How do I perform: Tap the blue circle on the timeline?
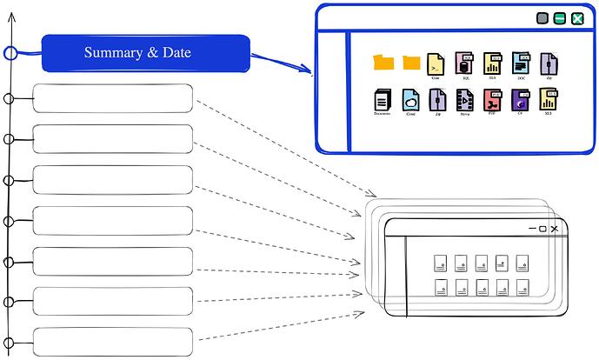click(10, 54)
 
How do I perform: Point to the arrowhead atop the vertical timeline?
click(10, 17)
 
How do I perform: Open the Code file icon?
click(436, 63)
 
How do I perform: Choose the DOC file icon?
click(521, 63)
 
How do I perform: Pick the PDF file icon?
click(492, 99)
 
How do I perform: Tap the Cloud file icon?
click(410, 99)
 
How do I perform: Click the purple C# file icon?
click(520, 99)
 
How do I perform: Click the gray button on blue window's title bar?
click(542, 18)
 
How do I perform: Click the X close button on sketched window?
click(554, 228)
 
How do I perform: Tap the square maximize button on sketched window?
click(542, 228)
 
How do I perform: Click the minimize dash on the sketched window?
click(531, 229)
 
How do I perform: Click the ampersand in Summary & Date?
click(153, 54)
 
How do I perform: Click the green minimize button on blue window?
click(560, 18)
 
